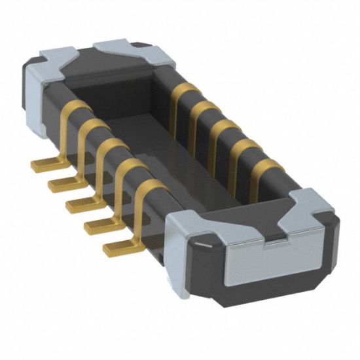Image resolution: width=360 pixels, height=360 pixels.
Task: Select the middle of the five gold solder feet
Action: click(76, 205)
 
